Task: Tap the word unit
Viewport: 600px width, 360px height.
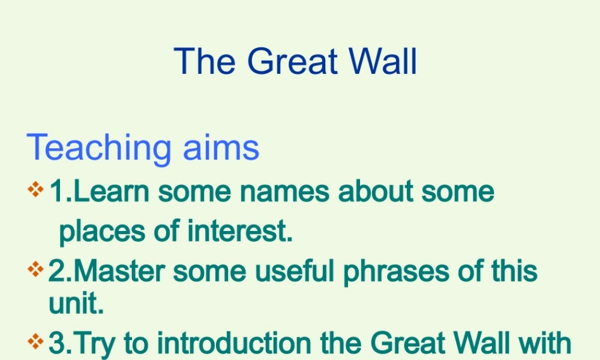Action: pos(76,304)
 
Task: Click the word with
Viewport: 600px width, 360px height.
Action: pos(544,344)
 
